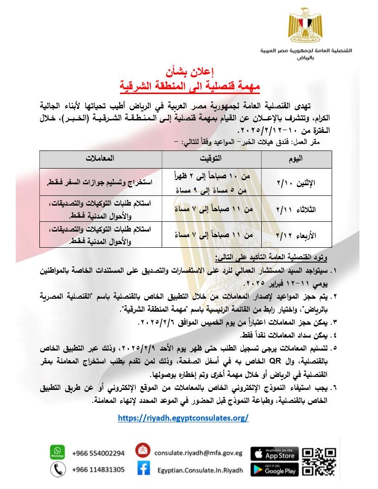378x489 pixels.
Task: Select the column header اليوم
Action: point(296,158)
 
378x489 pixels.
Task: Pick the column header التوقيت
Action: point(211,158)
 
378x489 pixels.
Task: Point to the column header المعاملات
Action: point(100,158)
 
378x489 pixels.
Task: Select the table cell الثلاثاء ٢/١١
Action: point(296,209)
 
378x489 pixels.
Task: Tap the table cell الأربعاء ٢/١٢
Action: point(296,235)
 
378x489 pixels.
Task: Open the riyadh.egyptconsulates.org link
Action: point(183,417)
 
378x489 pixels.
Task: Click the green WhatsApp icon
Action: point(57,452)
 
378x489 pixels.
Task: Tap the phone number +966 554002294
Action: point(98,453)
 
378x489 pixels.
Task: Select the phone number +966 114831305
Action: point(98,470)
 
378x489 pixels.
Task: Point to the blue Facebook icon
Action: point(144,469)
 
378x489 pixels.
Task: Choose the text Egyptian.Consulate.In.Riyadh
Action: point(200,470)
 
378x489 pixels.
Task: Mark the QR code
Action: point(319,461)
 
